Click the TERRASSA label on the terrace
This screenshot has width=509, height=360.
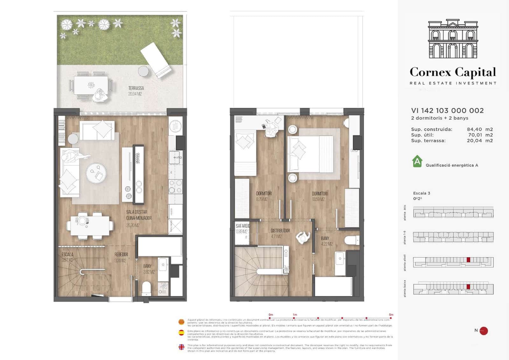[x=136, y=88]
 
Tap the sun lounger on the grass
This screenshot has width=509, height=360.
[x=156, y=60]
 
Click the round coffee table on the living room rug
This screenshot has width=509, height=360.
[x=96, y=173]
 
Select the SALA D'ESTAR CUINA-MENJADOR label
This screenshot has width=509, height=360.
[x=139, y=215]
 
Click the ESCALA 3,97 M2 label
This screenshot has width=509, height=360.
[x=67, y=257]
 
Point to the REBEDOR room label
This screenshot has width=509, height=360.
[x=121, y=255]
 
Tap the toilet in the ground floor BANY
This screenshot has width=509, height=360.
[x=146, y=288]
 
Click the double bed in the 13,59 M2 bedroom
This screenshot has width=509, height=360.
[x=310, y=154]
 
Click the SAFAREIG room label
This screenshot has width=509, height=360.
[x=243, y=226]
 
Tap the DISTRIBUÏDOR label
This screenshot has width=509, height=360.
[x=280, y=231]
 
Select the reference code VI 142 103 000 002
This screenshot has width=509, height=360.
[x=447, y=111]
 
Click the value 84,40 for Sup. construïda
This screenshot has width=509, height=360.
[x=474, y=129]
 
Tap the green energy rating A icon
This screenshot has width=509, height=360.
[x=417, y=161]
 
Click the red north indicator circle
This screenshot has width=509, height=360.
[x=484, y=331]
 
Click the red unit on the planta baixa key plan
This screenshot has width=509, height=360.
[x=468, y=287]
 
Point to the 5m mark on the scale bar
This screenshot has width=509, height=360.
[x=391, y=318]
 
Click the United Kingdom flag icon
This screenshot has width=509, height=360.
[x=181, y=347]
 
